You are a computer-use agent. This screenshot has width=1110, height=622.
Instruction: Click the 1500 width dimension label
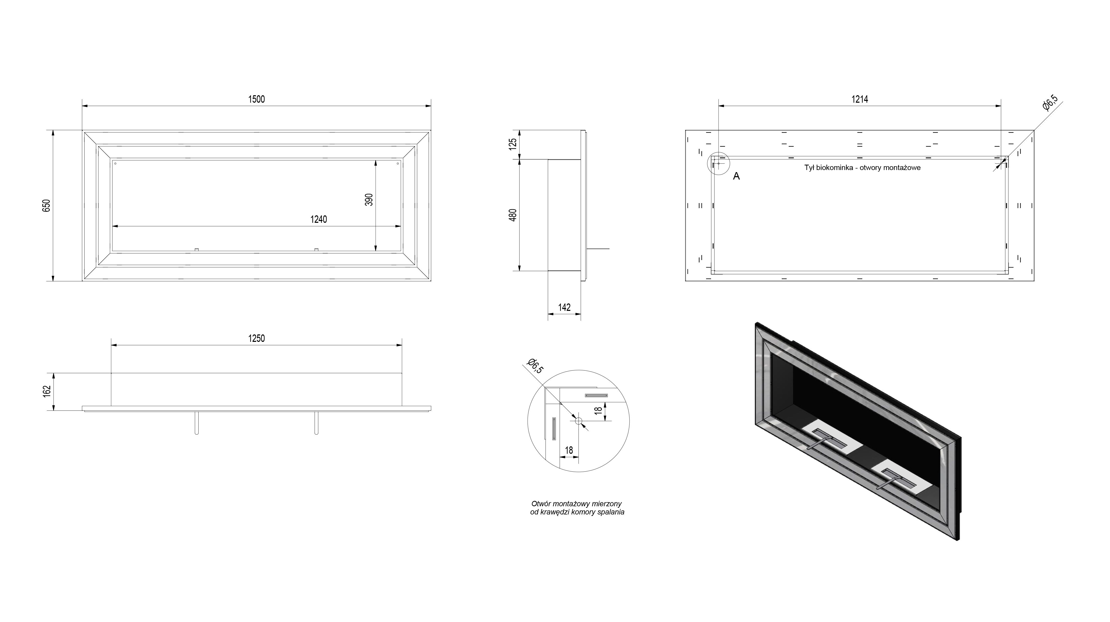click(256, 99)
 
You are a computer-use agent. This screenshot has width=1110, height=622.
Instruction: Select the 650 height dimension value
click(47, 205)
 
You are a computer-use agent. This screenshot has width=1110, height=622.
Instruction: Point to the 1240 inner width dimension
click(318, 219)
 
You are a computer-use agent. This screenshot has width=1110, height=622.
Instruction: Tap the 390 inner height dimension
click(369, 199)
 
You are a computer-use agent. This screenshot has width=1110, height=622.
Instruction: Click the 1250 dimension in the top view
click(256, 338)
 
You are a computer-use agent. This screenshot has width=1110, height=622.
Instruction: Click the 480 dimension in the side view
click(513, 215)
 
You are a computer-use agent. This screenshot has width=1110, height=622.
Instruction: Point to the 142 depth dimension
click(564, 307)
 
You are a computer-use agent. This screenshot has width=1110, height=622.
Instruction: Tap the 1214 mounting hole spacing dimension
click(860, 99)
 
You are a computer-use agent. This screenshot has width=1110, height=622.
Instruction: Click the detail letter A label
click(736, 176)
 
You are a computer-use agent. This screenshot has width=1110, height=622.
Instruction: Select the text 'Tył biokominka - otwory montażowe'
click(862, 167)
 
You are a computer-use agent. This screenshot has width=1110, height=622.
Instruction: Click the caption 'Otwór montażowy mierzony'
click(577, 503)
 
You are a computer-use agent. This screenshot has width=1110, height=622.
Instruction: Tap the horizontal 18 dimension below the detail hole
click(569, 450)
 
